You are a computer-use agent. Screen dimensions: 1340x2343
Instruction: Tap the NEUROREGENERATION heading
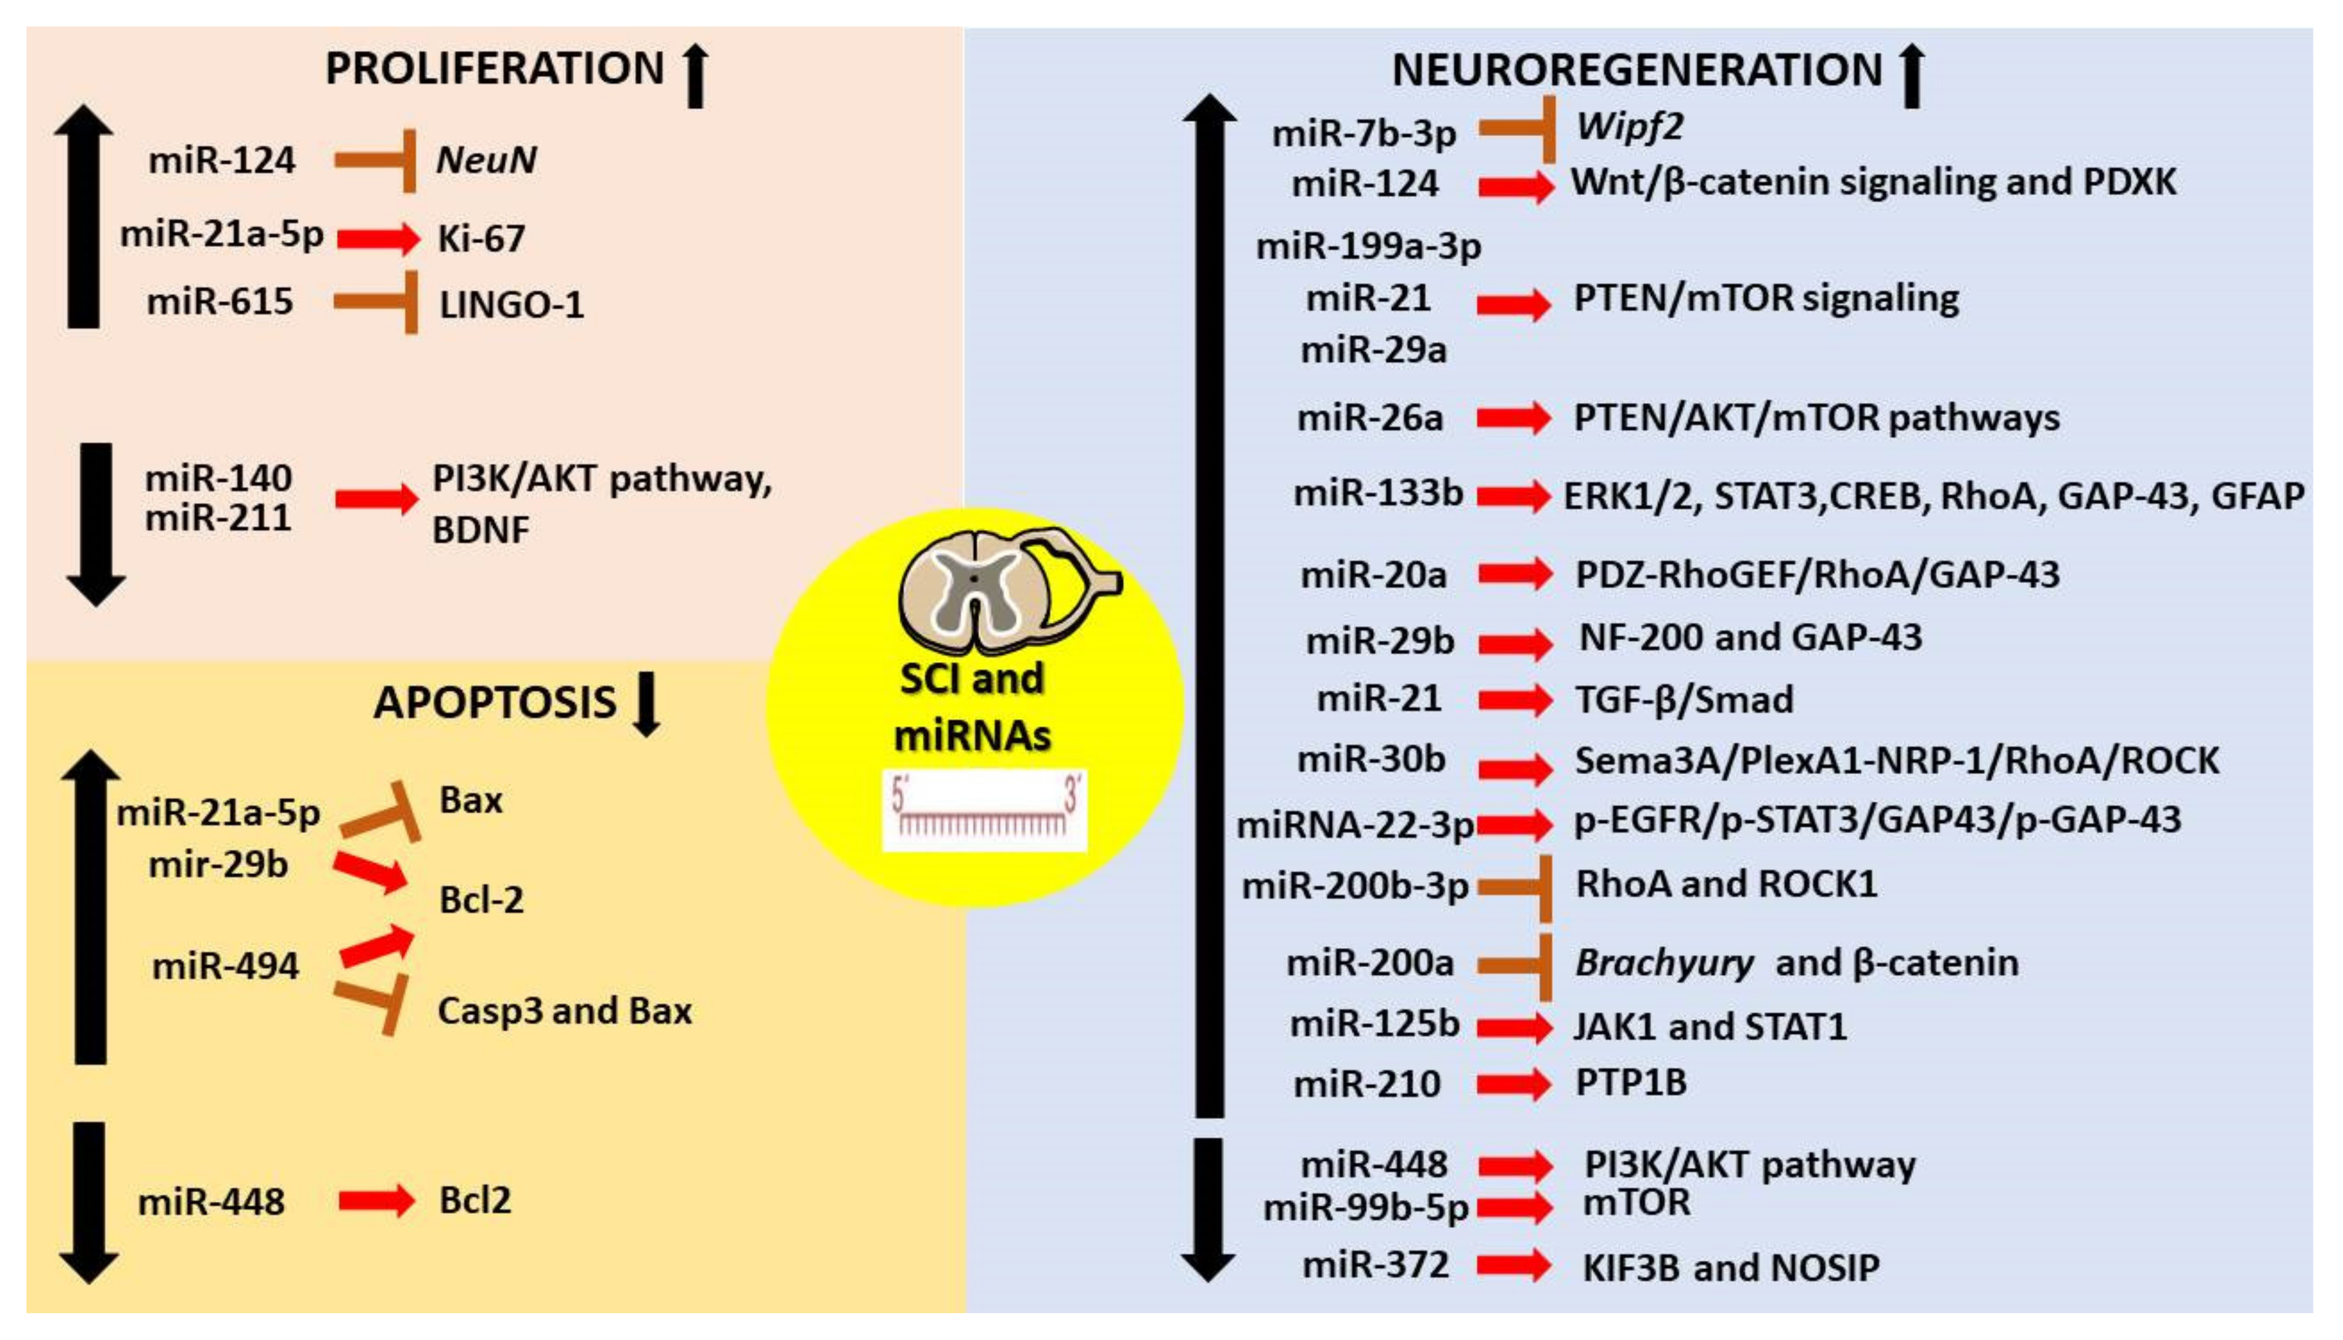[x=1637, y=71]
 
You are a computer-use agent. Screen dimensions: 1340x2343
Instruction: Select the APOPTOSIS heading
[x=495, y=703]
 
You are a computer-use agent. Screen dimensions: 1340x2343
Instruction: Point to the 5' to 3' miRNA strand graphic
[x=984, y=810]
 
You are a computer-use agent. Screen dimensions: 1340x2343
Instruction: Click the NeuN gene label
[x=486, y=160]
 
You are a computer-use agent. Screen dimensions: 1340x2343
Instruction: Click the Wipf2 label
[x=1629, y=126]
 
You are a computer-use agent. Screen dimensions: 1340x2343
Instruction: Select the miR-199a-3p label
[x=1369, y=247]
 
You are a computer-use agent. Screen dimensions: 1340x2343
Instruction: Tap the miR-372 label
[x=1376, y=1265]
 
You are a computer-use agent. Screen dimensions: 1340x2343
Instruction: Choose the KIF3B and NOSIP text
[x=1730, y=1268]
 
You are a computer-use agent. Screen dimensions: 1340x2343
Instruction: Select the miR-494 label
[x=226, y=966]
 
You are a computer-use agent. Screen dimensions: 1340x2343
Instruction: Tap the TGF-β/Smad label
[x=1684, y=700]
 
